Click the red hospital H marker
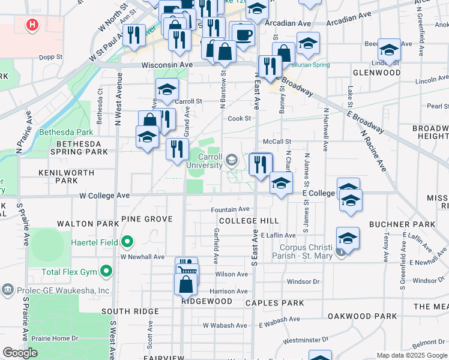32,25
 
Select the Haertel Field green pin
127,242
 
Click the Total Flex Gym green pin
107,272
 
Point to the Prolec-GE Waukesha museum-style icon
8,290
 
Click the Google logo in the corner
20,353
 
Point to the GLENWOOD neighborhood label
376,73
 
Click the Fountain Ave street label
229,209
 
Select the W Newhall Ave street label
142,257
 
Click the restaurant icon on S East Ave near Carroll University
260,164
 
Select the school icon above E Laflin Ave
348,239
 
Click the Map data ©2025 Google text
412,355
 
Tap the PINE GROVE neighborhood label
146,220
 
